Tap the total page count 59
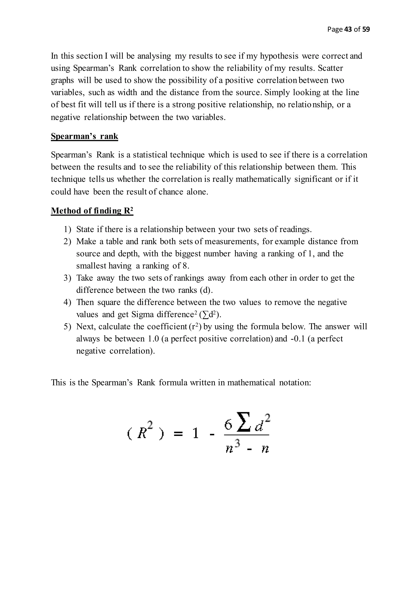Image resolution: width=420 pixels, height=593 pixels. [x=366, y=29]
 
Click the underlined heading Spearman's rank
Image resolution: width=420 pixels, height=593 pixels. [x=84, y=136]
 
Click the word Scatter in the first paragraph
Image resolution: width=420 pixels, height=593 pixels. [x=330, y=68]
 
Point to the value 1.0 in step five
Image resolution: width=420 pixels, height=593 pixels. [x=153, y=339]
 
